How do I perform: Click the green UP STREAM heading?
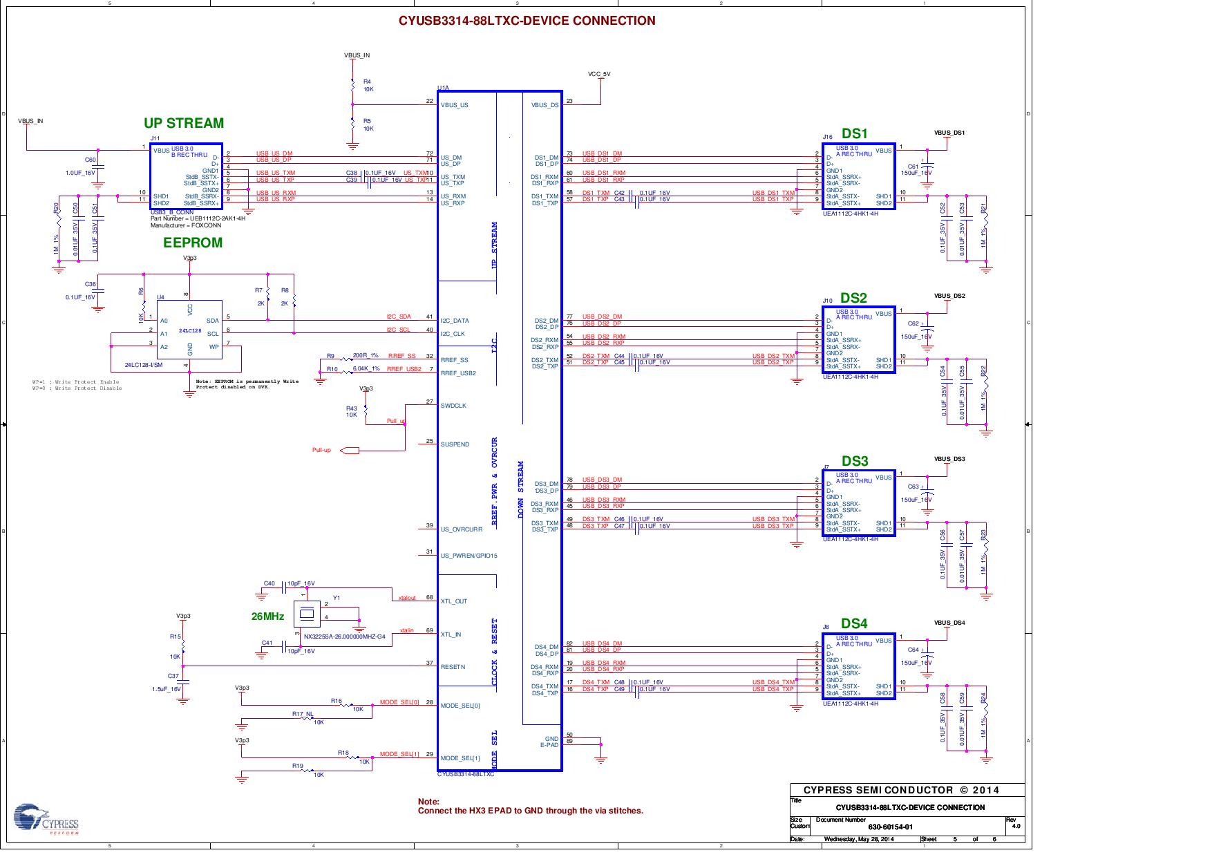point(184,123)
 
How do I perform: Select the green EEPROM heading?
point(193,243)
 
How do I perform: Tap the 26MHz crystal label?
point(267,616)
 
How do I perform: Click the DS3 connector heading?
point(854,461)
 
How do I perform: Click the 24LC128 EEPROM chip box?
point(189,334)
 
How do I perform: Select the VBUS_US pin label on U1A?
point(454,105)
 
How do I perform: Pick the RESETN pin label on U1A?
point(453,667)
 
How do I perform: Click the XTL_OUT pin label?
point(454,601)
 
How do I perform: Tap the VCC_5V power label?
point(599,74)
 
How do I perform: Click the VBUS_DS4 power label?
point(949,623)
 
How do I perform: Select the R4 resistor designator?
point(367,82)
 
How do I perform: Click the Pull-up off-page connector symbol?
point(350,451)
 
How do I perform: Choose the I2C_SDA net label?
point(399,317)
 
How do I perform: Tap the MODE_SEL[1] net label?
point(399,754)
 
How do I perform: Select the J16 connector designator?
point(827,138)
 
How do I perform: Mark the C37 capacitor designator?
point(173,676)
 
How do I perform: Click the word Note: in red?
point(428,802)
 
